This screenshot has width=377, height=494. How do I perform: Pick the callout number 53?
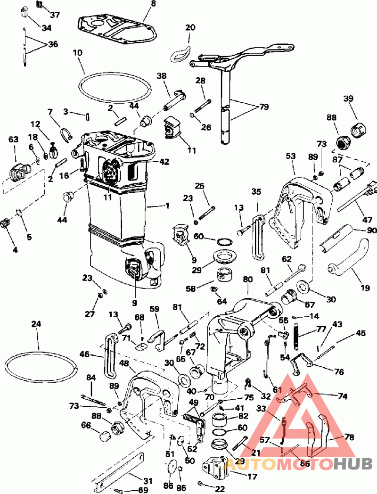(291, 156)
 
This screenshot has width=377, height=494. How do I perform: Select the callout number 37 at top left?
(55, 15)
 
